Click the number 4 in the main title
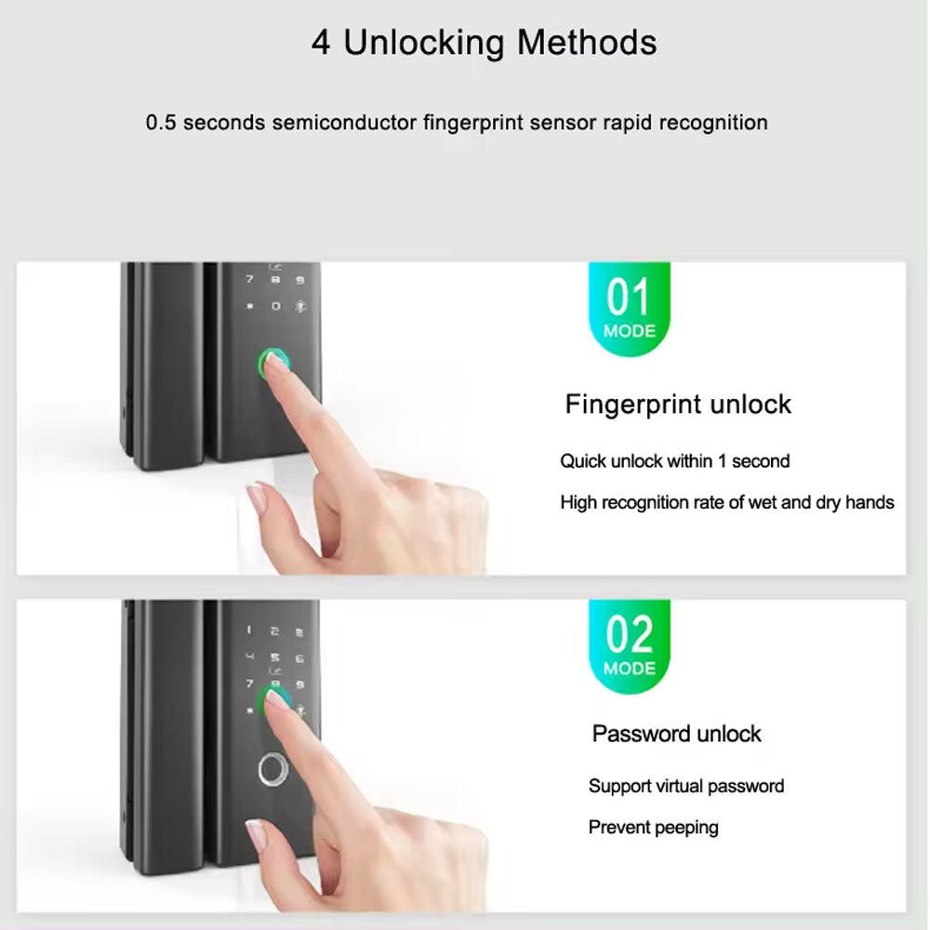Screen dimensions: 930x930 click(321, 43)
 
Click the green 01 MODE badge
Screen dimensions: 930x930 click(630, 308)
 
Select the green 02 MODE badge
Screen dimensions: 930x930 click(630, 644)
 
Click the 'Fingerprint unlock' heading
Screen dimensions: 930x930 click(678, 405)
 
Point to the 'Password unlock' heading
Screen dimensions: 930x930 click(676, 734)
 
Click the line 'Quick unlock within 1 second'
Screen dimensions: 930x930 click(674, 460)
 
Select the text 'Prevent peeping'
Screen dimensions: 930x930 click(653, 827)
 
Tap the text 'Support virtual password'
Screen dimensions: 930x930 click(685, 786)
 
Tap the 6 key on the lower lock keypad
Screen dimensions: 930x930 click(300, 658)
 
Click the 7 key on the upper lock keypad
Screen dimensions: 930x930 click(248, 279)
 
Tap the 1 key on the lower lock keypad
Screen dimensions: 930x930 click(248, 631)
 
